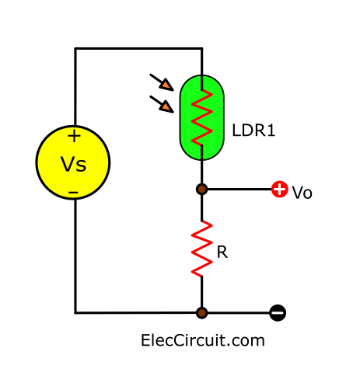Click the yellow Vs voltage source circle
coord(73,162)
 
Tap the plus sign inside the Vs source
coord(74,136)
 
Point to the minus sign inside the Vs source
coord(73,193)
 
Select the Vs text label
coord(73,165)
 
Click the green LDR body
coord(201,117)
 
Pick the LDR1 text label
coord(253,131)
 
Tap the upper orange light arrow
coord(162,82)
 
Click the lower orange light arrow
coord(162,104)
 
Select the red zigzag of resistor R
coord(202,249)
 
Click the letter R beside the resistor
coord(222,252)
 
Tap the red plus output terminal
coord(280,190)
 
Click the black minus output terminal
coord(278,313)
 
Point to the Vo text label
coord(302,193)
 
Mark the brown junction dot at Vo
coord(201,190)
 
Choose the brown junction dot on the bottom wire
coord(201,313)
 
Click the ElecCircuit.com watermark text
coord(203,340)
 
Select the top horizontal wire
coord(138,48)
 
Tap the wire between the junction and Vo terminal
coord(239,190)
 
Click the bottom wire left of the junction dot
coord(135,313)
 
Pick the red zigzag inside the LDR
coord(202,117)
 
